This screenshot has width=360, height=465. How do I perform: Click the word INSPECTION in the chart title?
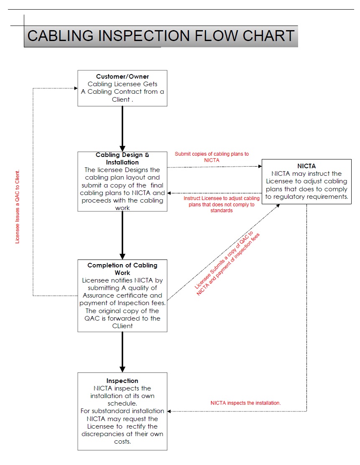[x=144, y=36]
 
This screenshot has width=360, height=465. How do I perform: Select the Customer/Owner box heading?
[x=123, y=77]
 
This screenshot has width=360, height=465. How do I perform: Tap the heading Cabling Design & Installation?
[x=123, y=158]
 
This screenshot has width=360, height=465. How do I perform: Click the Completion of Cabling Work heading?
[x=123, y=269]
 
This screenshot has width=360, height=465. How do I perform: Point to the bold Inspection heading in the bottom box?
[x=123, y=381]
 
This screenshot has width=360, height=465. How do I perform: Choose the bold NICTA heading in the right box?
[x=306, y=166]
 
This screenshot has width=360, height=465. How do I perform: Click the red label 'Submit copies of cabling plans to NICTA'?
[x=212, y=157]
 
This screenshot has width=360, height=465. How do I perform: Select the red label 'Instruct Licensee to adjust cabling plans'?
[x=221, y=204]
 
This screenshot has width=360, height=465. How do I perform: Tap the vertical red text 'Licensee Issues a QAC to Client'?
[x=18, y=207]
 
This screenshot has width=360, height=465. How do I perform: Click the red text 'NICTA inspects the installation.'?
[x=245, y=403]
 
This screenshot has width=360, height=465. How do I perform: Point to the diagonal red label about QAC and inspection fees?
[x=227, y=263]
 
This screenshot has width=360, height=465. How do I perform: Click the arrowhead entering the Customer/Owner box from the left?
[x=76, y=88]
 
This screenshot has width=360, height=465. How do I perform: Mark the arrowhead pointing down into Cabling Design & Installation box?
[x=123, y=149]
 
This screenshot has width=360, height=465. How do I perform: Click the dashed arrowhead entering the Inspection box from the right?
[x=169, y=411]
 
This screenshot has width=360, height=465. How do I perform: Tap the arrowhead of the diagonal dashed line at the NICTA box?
[x=278, y=206]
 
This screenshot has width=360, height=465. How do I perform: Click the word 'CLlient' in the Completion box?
[x=123, y=326]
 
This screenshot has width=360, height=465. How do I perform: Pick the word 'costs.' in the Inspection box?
[x=123, y=442]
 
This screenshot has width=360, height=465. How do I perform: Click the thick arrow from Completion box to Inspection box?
[x=123, y=352]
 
